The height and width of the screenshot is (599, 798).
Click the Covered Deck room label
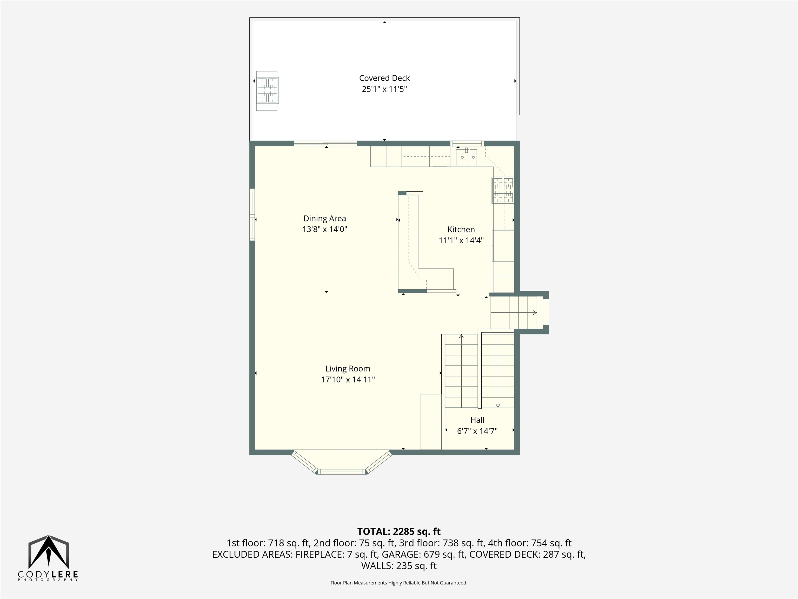tap(384, 78)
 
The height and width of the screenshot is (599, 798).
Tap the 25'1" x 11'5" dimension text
tap(384, 89)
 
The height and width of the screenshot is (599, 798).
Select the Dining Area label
tap(325, 218)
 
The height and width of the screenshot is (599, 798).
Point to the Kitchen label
tap(461, 229)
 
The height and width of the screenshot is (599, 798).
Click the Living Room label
tap(348, 369)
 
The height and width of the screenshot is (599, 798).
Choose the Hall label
tap(477, 420)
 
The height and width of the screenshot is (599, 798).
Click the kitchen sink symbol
tap(467, 157)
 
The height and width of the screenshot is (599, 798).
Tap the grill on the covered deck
tap(267, 91)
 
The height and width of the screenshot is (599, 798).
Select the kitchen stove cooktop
tap(503, 190)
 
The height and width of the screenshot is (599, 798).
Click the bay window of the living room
tap(342, 463)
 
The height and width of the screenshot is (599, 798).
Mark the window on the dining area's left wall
tap(252, 214)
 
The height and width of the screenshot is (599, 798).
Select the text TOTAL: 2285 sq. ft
tap(399, 531)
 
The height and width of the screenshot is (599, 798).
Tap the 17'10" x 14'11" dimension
tap(348, 380)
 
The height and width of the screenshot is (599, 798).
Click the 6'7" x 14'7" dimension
tap(477, 431)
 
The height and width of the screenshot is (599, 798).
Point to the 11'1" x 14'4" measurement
tap(461, 240)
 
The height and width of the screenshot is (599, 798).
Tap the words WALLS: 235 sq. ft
tap(399, 566)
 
